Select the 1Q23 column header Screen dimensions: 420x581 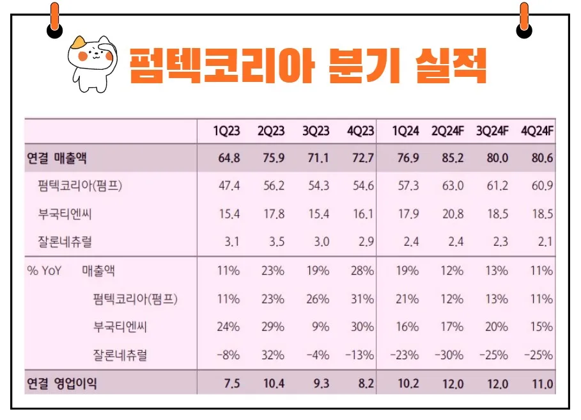click(x=227, y=131)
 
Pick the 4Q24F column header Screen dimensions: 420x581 click(x=538, y=131)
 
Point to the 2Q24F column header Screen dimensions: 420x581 click(x=447, y=131)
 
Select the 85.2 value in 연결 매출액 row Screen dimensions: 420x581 click(x=452, y=158)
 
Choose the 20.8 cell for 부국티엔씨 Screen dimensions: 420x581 click(x=452, y=214)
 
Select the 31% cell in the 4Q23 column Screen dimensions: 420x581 click(x=362, y=298)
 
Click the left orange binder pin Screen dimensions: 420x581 click(x=55, y=19)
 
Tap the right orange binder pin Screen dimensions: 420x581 click(x=525, y=19)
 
